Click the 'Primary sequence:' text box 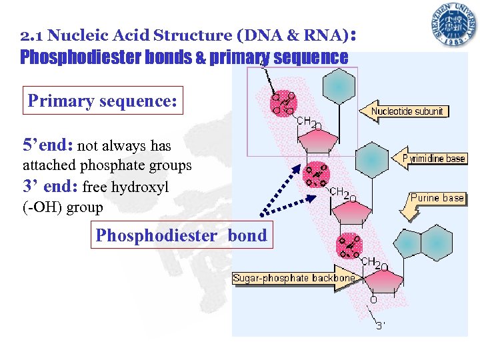(x=102, y=101)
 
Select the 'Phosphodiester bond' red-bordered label (x=181, y=235)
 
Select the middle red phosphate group (x=315, y=175)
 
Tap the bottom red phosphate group (x=349, y=246)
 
